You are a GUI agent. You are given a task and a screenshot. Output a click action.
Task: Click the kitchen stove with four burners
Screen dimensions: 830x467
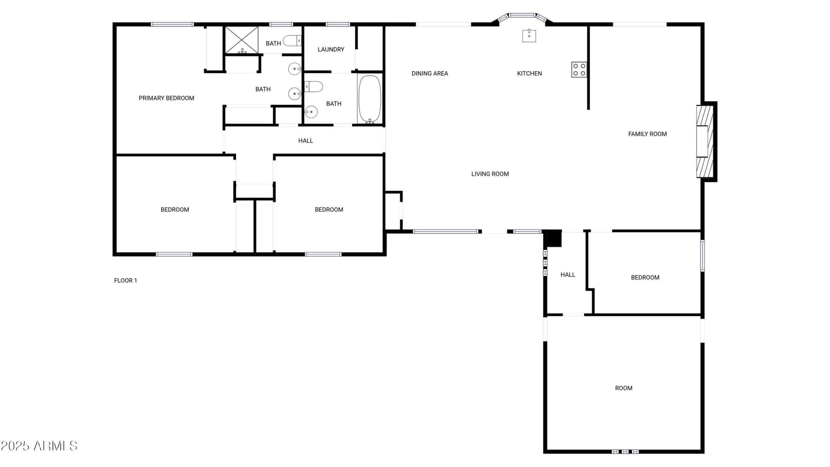coord(579,70)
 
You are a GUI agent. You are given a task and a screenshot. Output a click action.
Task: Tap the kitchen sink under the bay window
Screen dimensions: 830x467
coord(529,36)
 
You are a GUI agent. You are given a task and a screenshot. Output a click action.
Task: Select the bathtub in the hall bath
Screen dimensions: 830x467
coord(370,99)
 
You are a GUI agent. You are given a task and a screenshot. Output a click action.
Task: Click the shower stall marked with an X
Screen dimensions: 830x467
coord(242,40)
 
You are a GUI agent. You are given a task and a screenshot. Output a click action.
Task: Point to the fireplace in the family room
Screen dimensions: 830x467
coord(707,142)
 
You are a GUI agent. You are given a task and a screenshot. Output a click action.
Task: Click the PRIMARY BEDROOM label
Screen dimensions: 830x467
coord(167,98)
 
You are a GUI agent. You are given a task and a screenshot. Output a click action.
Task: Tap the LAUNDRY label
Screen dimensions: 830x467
coord(331,49)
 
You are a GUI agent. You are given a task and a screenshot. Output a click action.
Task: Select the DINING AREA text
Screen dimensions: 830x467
coord(430,73)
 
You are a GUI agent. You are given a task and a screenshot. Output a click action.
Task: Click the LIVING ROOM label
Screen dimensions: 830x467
coord(490,174)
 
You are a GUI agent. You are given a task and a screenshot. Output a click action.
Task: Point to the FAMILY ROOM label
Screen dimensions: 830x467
coord(647,134)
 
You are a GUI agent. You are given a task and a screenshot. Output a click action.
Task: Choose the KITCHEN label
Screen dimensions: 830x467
coord(530,73)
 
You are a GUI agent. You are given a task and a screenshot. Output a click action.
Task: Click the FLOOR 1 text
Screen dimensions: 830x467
coord(126,281)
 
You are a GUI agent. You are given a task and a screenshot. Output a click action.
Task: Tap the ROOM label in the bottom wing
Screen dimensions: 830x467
coord(624,388)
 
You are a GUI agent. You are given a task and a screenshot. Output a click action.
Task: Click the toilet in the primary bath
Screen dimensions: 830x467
coord(293,40)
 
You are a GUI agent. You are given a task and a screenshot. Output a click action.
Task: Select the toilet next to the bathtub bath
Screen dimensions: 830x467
coord(313,87)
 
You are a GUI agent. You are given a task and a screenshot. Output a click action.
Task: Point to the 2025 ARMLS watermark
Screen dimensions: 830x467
coord(39,446)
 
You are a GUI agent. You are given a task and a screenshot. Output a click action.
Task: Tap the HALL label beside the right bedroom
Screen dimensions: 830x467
coord(568,274)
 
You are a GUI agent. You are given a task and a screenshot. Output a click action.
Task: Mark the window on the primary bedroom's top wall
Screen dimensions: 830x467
coord(172,24)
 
